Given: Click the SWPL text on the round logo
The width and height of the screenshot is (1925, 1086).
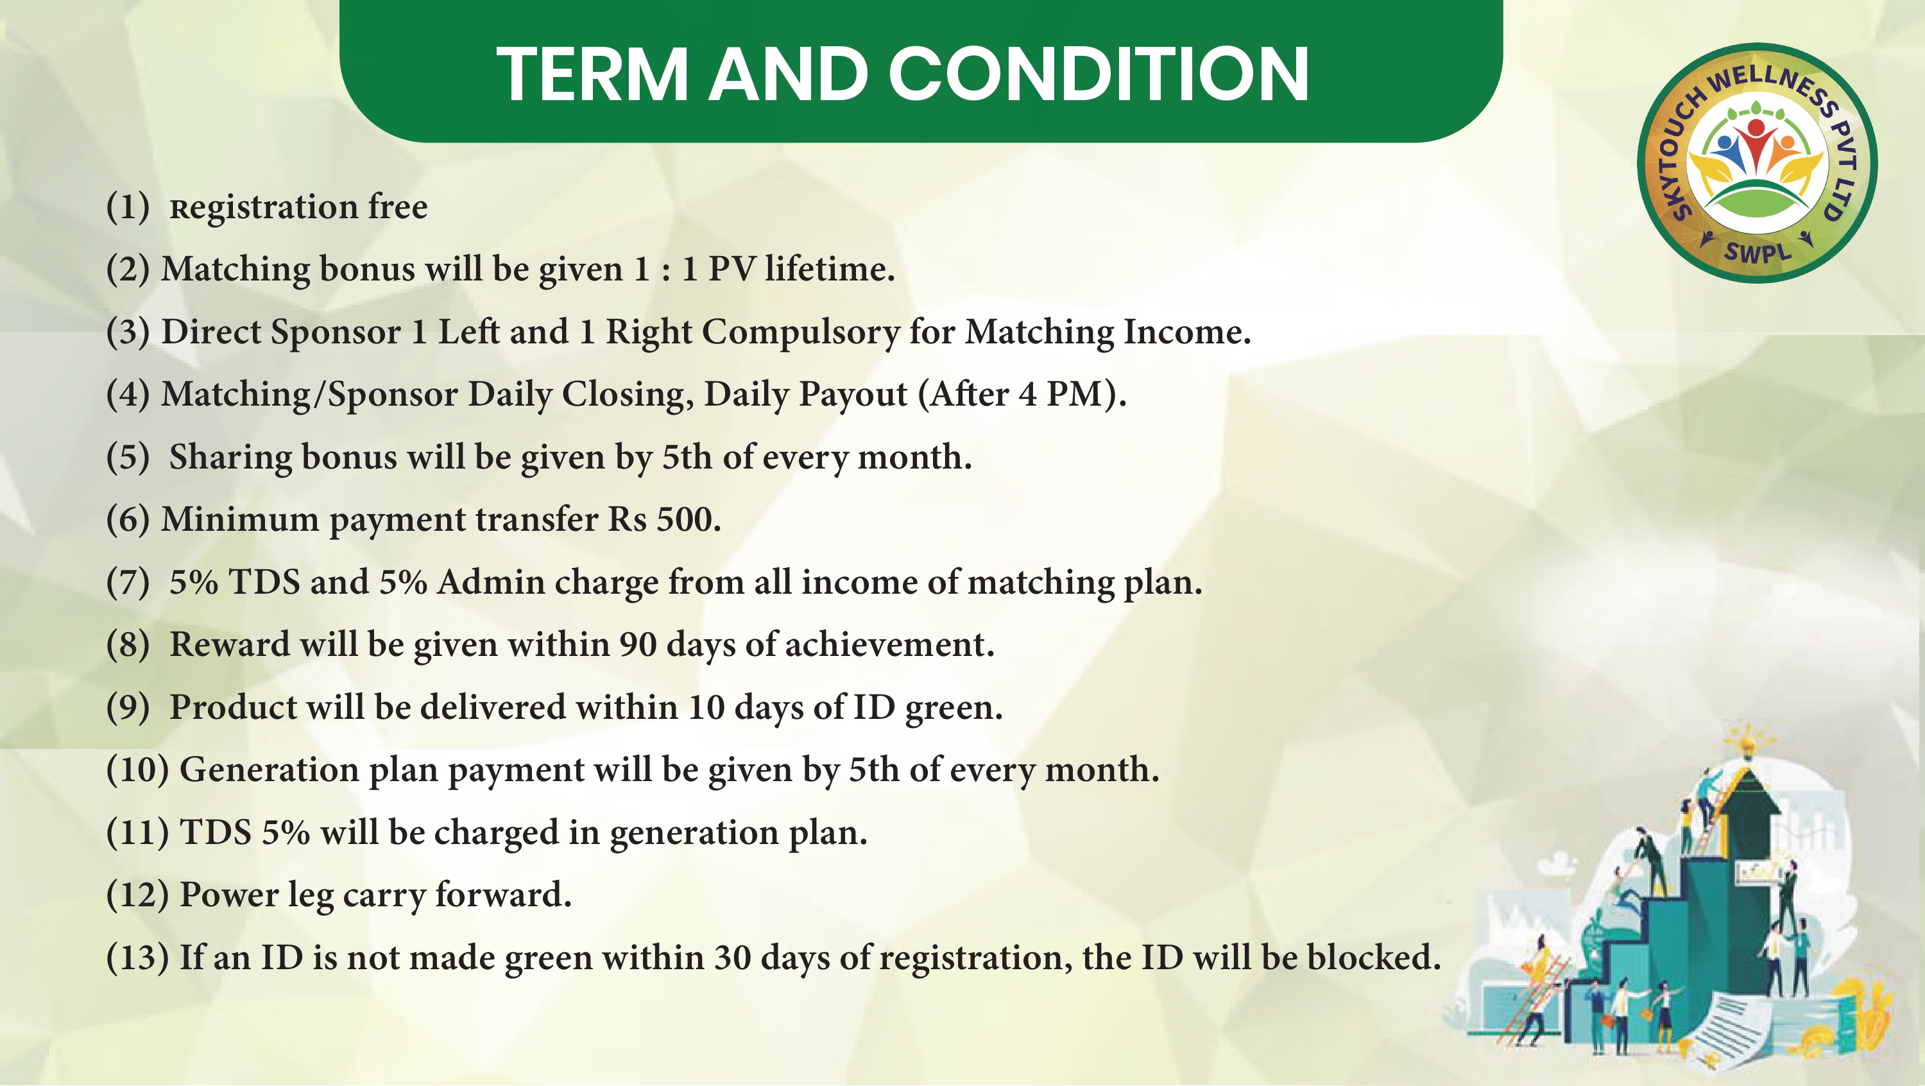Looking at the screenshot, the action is pos(1758,251).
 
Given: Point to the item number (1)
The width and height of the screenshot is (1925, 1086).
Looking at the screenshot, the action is pos(128,207).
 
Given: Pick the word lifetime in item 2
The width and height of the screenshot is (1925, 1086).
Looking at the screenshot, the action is pos(830,268).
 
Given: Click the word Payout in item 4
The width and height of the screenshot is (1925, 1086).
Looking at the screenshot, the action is pos(853,395).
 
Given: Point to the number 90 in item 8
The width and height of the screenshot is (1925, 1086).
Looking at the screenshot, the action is pos(637,644).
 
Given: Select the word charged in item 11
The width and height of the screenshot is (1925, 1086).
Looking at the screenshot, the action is pos(496,833).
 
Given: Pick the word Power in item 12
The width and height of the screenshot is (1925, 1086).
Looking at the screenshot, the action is pos(230,895).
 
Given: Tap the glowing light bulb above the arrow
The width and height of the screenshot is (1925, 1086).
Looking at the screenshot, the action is pos(1747,745).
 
